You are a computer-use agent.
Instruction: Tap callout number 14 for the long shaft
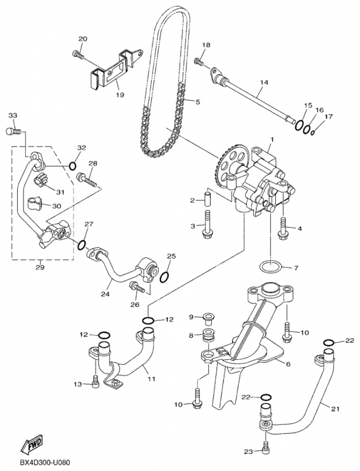pos(263,82)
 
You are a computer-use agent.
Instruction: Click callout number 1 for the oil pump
pos(272,140)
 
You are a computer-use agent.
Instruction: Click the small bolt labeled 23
pos(265,445)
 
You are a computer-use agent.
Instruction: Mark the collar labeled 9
pos(208,319)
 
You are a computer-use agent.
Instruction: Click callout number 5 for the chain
pos(197,102)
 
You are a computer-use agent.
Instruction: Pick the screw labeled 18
pos(200,60)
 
